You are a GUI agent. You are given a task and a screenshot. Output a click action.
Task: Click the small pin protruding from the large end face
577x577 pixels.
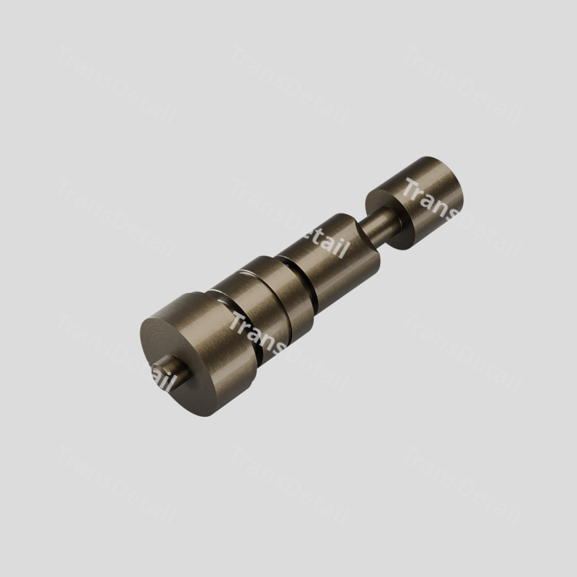171,373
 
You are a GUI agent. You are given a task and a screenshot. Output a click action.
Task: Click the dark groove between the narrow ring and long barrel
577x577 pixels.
300,280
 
